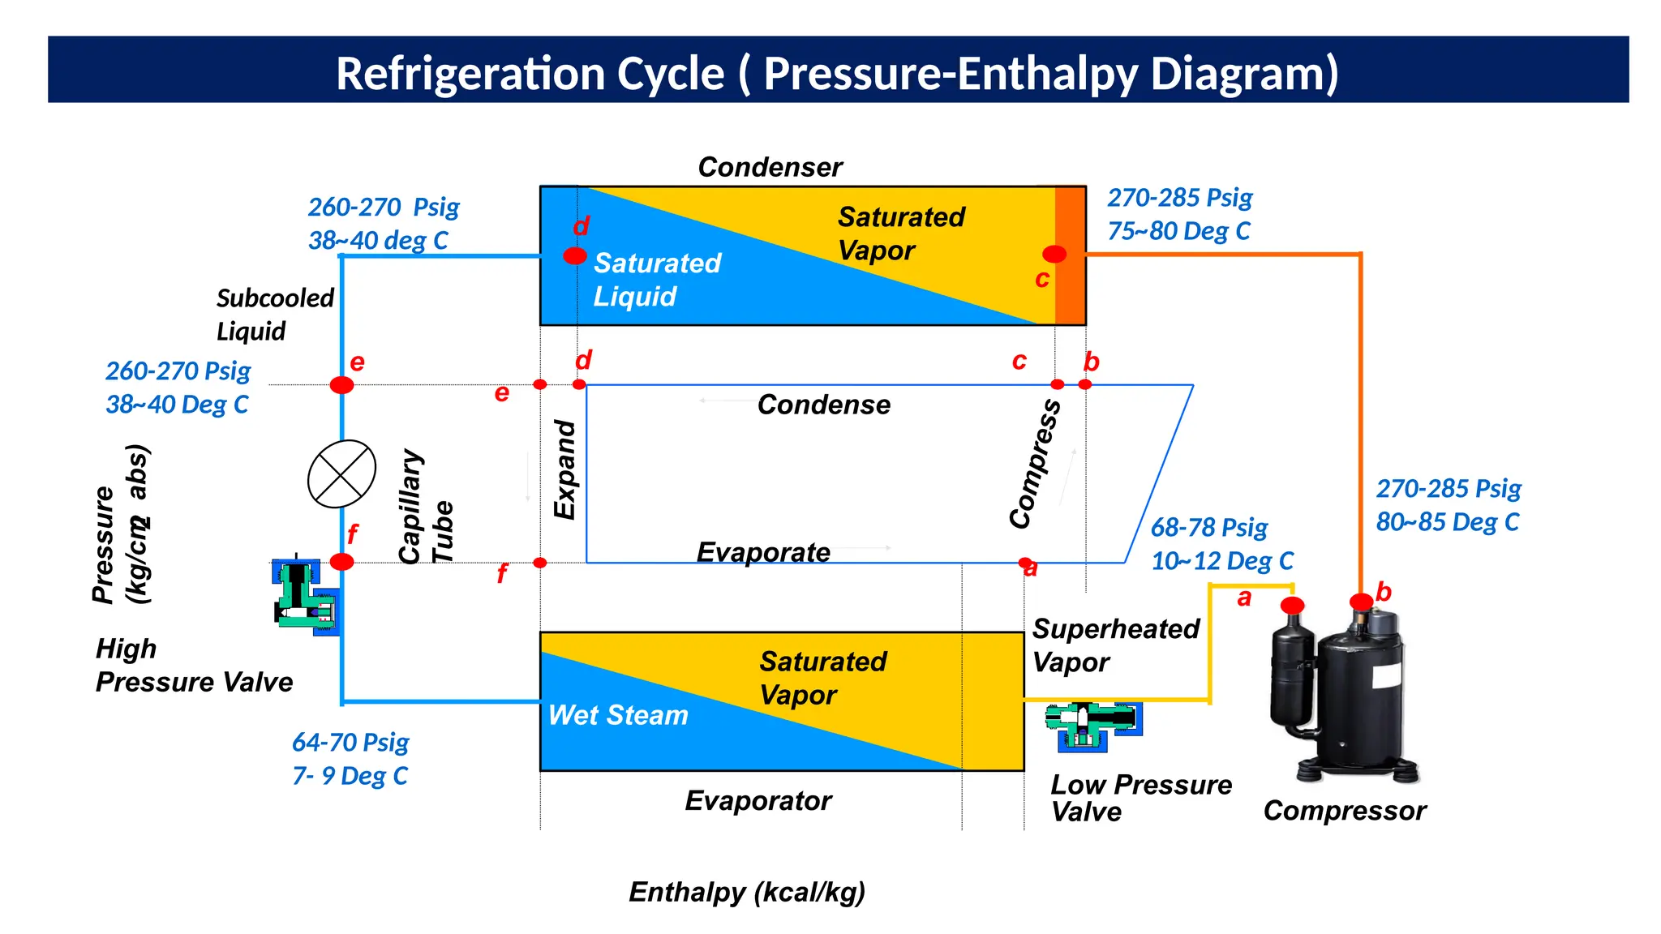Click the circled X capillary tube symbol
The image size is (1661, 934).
pyautogui.click(x=341, y=474)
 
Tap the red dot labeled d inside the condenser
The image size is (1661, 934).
pyautogui.click(x=575, y=256)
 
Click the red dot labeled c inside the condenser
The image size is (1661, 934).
pyautogui.click(x=1054, y=254)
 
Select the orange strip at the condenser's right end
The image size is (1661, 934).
pyautogui.click(x=1070, y=255)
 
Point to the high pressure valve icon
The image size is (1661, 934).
pyautogui.click(x=305, y=598)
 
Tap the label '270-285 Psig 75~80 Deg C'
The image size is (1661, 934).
pyautogui.click(x=1180, y=214)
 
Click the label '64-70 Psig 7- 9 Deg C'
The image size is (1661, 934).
pyautogui.click(x=350, y=759)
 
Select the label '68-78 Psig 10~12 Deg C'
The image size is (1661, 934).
pyautogui.click(x=1221, y=544)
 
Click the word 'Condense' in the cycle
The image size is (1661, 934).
pyautogui.click(x=823, y=405)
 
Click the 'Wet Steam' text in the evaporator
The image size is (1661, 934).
pyautogui.click(x=618, y=715)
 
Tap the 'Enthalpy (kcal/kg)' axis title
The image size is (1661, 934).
pyautogui.click(x=747, y=892)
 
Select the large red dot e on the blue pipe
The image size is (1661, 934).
pyautogui.click(x=341, y=385)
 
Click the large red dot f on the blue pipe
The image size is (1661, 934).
pyautogui.click(x=341, y=562)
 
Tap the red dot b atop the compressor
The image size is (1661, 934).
pyautogui.click(x=1361, y=602)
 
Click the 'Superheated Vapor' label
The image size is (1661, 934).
pyautogui.click(x=1115, y=645)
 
